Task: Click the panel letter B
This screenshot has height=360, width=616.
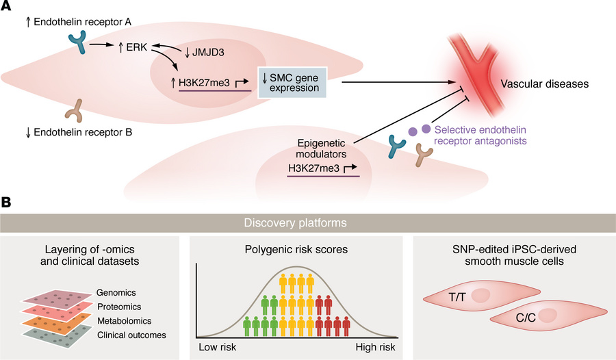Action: [x=8, y=203]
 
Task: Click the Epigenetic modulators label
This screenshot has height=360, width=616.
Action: [x=321, y=149]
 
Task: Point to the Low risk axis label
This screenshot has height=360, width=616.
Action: [x=218, y=348]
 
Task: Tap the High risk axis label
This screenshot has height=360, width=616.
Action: [x=378, y=348]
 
